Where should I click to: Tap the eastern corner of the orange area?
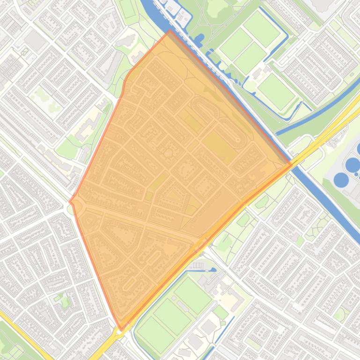click(x=292, y=165)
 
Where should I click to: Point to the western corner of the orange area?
click(x=70, y=202)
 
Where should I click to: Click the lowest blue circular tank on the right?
click(x=341, y=179)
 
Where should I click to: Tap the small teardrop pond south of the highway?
click(x=213, y=270)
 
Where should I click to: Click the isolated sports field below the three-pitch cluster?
click(x=276, y=91)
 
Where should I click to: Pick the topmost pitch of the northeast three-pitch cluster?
click(x=261, y=28)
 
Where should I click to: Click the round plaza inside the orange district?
click(x=168, y=153)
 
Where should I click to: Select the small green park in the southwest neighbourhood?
click(x=65, y=302)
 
